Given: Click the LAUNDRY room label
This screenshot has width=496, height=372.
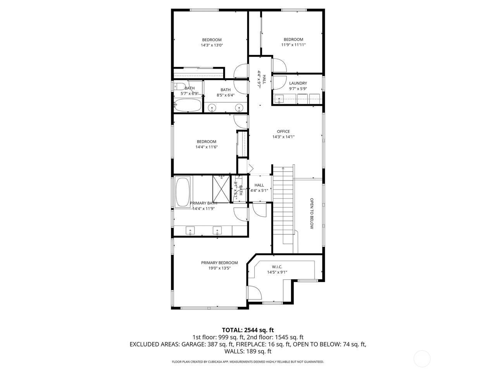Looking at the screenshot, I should coord(298,83).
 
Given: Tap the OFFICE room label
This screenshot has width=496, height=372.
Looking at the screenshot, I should coord(283,131).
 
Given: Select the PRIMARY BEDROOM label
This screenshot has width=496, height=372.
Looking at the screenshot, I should coord(219,263).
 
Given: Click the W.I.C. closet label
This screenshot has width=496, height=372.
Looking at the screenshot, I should coord(277,267).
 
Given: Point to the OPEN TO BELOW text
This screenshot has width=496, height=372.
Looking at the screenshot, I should coord(311,214).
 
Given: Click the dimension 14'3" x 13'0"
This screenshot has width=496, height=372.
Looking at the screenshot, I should coord(212,45).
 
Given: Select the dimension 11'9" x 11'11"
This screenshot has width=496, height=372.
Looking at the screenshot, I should coord(293,45).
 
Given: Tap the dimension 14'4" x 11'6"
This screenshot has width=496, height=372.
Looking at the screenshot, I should coord(206,147).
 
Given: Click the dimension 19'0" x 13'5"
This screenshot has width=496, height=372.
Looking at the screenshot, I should coord(219,268).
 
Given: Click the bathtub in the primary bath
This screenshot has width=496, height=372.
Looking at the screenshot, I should coord(183,192).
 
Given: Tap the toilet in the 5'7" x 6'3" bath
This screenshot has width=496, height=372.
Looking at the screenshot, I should coord(179,87).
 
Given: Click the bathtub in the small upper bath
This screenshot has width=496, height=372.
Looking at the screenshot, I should coord(188,105).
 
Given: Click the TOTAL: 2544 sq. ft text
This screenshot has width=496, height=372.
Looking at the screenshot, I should coord(248,330).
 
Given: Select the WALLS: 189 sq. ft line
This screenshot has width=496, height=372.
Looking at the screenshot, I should coord(248,351).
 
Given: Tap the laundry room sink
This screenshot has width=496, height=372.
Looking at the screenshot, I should coord(279,99).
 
